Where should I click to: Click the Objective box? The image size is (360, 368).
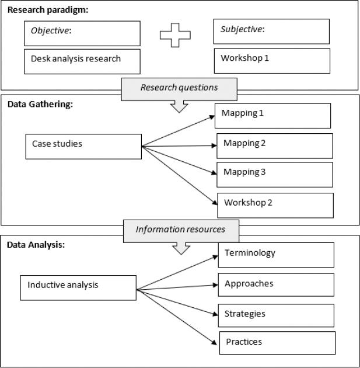tap(82, 33)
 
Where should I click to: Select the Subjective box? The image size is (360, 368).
tap(272, 31)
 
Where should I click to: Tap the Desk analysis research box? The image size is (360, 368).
tap(82, 61)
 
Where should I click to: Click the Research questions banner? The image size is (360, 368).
tap(179, 88)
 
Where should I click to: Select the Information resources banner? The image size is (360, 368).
tap(180, 230)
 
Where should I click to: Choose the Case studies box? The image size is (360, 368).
tap(83, 146)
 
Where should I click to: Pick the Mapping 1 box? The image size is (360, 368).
tap(272, 116)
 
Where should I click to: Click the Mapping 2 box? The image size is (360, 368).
tap(274, 145)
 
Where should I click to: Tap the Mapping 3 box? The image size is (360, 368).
tap(274, 174)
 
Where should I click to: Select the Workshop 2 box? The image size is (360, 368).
tap(275, 205)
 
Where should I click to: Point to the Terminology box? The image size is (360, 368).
tap(275, 255)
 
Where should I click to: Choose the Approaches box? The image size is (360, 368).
tap(275, 286)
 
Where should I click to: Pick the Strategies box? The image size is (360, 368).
tap(275, 315)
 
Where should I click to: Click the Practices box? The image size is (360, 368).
tap(277, 343)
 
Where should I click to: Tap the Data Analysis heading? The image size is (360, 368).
tap(34, 245)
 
